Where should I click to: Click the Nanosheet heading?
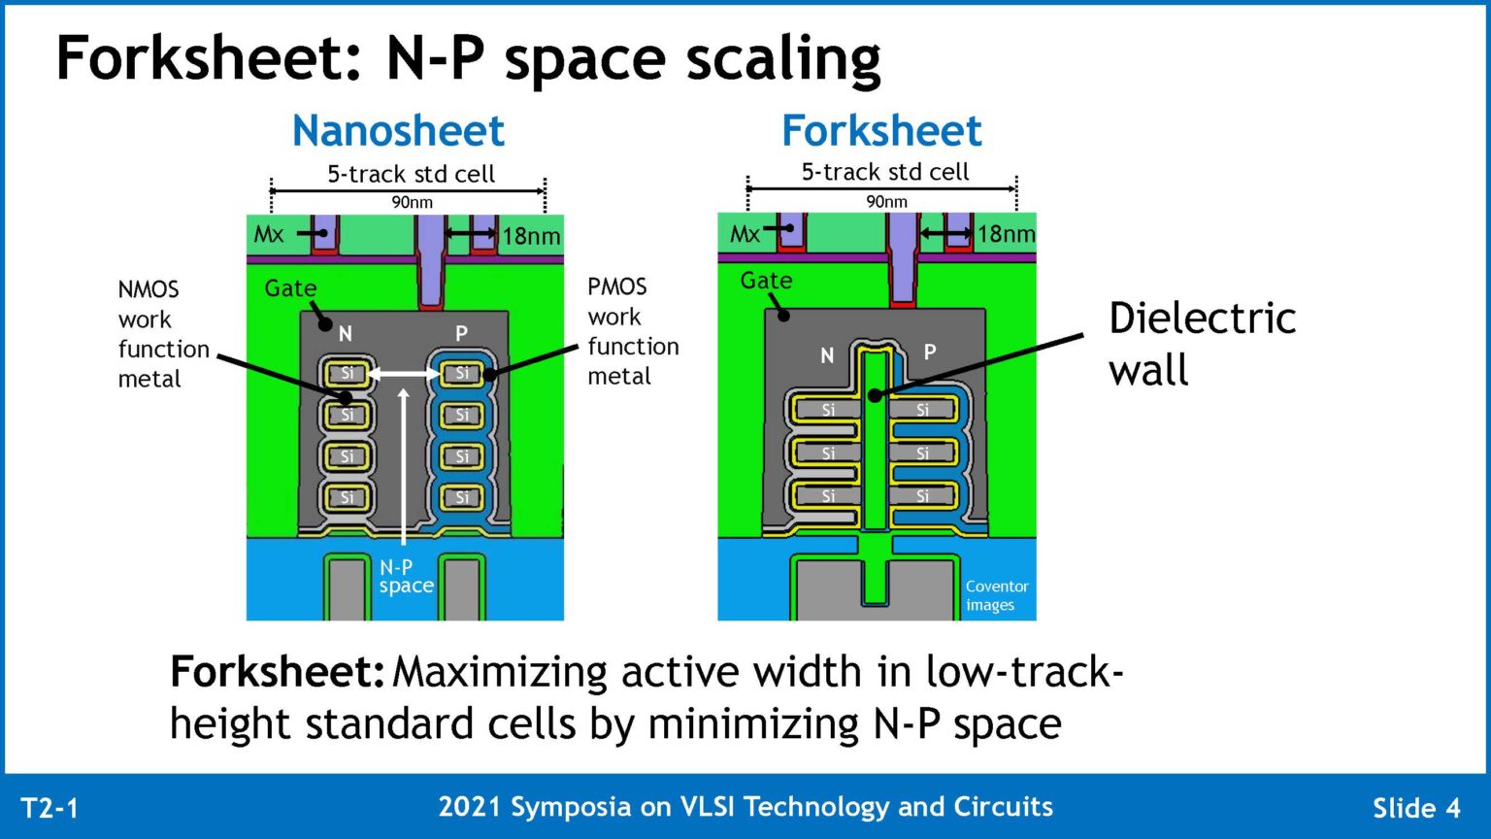(398, 131)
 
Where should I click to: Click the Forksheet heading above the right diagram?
(881, 131)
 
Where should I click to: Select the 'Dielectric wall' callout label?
(1201, 344)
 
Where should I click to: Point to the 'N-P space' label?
(406, 576)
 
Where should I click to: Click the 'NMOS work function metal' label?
(162, 333)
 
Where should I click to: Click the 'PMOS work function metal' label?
(632, 331)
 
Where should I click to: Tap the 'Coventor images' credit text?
(996, 595)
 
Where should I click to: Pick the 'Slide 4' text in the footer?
(1415, 808)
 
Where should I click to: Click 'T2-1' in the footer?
(50, 808)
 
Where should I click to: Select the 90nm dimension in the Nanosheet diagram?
(412, 202)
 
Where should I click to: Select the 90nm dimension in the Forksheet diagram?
(886, 201)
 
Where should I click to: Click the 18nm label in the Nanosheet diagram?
(531, 236)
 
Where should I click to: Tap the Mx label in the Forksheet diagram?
(745, 234)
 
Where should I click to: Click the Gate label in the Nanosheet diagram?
(290, 288)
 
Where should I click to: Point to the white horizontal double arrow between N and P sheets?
(404, 373)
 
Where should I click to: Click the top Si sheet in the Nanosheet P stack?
(462, 373)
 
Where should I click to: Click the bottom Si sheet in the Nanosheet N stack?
(347, 497)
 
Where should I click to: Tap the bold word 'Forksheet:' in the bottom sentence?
(277, 672)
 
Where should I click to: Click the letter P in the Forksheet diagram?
(930, 352)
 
